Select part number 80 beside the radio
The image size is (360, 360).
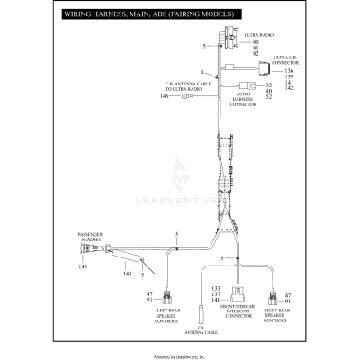tap(256, 42)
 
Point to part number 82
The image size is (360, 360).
tap(256, 55)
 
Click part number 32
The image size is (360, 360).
tap(269, 85)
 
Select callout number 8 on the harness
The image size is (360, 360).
tap(203, 71)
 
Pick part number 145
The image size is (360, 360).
tap(58, 267)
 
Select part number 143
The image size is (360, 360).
tap(103, 273)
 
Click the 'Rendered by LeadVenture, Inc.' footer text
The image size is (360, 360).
tap(180, 355)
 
